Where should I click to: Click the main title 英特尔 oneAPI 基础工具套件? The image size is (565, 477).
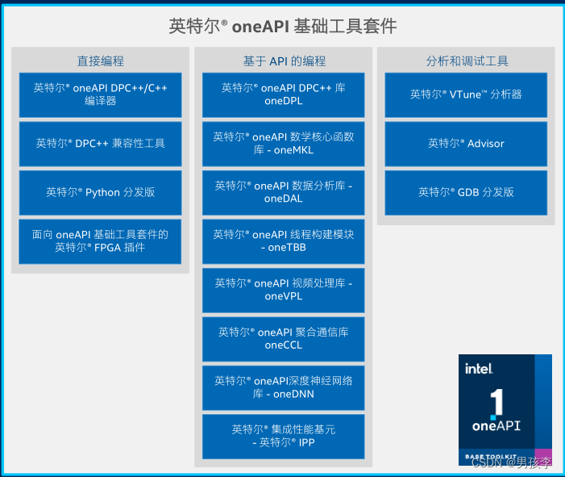282,26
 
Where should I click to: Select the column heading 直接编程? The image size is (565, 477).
100,61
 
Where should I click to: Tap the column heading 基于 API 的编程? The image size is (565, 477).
283,61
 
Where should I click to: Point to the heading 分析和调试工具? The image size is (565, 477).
467,61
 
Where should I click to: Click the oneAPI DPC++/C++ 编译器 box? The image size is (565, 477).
100,94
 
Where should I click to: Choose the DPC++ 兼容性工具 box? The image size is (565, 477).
100,143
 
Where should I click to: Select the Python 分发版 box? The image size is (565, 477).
100,192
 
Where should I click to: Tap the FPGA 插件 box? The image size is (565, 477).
100,241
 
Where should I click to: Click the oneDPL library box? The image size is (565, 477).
283,94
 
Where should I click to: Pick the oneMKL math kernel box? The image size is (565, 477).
283,143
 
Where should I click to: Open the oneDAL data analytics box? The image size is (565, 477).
283,192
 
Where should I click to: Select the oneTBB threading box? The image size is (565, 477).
283,241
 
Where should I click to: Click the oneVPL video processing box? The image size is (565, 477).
283,289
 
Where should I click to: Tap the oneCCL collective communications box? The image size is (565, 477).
283,338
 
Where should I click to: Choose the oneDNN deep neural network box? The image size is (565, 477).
283,387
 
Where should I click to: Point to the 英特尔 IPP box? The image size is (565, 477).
283,436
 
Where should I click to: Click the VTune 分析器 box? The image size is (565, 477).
466,94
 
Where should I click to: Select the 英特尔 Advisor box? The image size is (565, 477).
466,143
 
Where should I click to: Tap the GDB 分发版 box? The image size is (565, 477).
466,192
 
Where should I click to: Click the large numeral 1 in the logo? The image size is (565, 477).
497,401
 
